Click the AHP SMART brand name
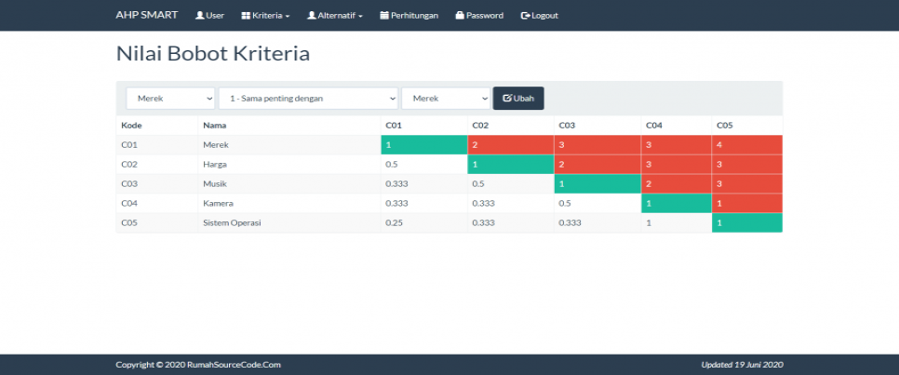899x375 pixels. pos(146,15)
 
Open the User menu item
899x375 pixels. pos(209,16)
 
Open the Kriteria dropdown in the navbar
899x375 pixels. pos(265,16)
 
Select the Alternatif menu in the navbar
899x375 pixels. pos(335,16)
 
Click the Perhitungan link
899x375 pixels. pos(410,16)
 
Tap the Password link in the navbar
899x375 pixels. pos(479,16)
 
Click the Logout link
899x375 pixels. pos(540,16)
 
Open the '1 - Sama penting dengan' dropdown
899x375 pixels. pos(308,99)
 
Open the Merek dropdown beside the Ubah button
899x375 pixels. pos(445,99)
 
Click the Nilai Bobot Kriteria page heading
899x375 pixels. pos(212,54)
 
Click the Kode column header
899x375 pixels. pos(131,125)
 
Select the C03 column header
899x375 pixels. pos(568,125)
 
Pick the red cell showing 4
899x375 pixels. pos(746,144)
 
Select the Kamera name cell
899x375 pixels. pos(217,204)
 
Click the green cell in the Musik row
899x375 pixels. pos(597,184)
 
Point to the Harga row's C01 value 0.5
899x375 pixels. pos(391,165)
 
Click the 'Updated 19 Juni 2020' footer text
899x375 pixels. pos(742,365)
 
